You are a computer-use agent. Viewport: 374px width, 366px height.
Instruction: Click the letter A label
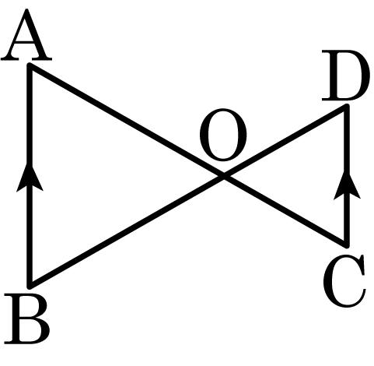(26, 35)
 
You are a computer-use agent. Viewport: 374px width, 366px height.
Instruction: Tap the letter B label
(27, 318)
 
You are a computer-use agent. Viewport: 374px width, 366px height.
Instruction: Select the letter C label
(344, 280)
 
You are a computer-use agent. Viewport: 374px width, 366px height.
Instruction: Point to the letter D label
(346, 76)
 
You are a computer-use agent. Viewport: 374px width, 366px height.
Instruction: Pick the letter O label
(223, 135)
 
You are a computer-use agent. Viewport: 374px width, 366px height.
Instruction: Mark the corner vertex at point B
(30, 285)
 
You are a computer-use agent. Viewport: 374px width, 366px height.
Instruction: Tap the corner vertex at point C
(346, 244)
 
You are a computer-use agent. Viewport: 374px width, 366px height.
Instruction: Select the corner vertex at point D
(346, 107)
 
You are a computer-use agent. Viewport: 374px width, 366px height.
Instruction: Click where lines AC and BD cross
(224, 176)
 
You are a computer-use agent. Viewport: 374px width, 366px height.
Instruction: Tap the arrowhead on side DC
(347, 185)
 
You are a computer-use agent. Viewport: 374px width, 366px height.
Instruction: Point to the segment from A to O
(127, 121)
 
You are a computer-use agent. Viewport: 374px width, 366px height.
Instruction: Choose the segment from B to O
(127, 231)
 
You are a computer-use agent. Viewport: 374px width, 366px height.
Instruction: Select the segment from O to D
(285, 142)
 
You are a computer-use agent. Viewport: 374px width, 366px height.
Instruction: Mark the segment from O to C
(285, 210)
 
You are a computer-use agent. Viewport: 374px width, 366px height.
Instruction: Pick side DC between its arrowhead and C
(347, 222)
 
